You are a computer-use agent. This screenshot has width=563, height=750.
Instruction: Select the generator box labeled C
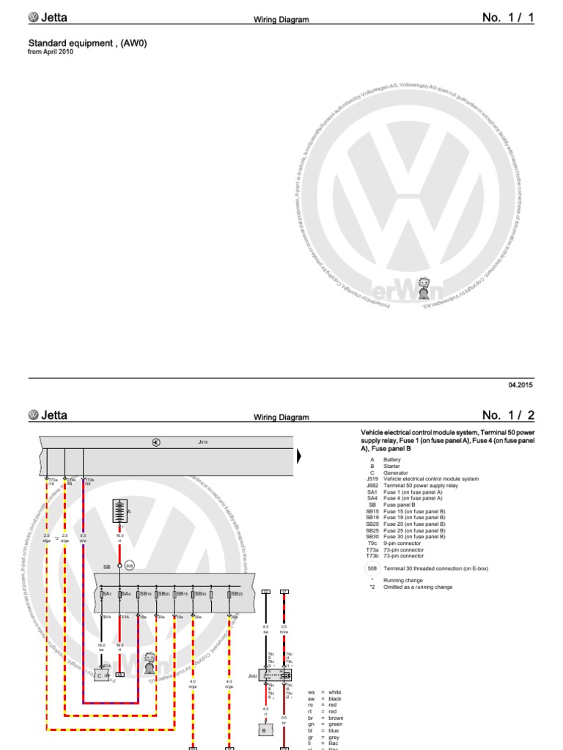point(100,674)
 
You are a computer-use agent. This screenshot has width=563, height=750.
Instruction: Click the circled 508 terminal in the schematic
point(130,565)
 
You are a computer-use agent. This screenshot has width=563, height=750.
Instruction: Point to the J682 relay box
point(278,674)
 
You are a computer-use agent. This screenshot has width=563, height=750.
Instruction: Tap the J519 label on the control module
point(203,442)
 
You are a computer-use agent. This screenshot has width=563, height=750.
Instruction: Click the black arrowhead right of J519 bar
point(298,456)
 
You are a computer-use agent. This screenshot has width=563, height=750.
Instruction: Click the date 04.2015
point(521,385)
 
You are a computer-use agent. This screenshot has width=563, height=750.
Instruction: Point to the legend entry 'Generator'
point(397,472)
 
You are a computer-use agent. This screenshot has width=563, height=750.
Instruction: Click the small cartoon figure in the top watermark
point(424,288)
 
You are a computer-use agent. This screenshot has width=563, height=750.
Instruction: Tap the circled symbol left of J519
point(155,442)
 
